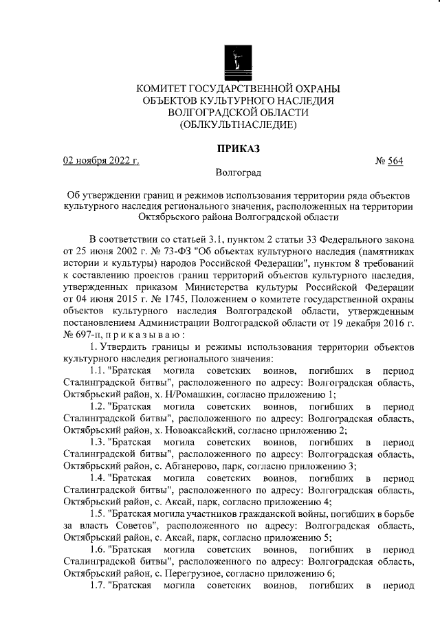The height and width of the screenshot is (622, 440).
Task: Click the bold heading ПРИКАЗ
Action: pyautogui.click(x=239, y=147)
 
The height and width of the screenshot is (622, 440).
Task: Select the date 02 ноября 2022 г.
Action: pyautogui.click(x=101, y=162)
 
